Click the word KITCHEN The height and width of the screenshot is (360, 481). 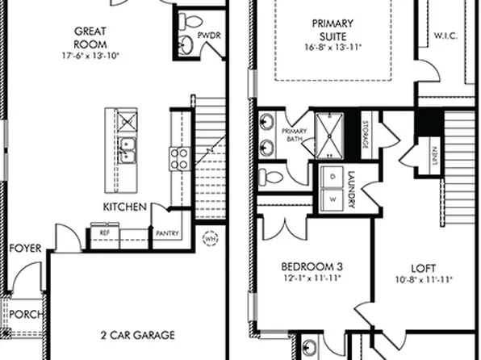(x=124, y=208)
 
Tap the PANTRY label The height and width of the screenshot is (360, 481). (x=168, y=235)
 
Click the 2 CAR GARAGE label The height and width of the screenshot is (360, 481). (x=128, y=333)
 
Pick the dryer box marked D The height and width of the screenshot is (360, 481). (x=332, y=176)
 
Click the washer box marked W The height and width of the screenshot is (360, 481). (x=332, y=197)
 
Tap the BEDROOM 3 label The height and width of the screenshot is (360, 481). (x=312, y=267)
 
